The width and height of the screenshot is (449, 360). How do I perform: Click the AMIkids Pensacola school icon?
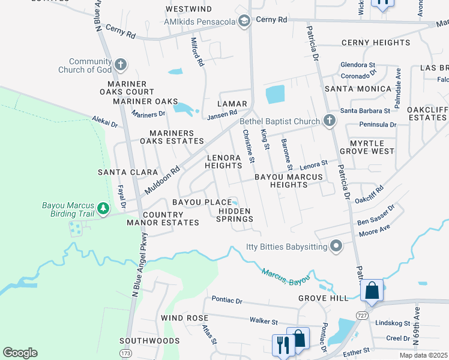[244, 22]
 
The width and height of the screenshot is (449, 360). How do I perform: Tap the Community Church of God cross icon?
[121, 65]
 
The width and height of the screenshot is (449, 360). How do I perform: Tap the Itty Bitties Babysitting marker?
[336, 246]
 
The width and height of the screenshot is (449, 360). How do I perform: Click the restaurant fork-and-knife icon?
[280, 344]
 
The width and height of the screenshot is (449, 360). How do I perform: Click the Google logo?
[20, 352]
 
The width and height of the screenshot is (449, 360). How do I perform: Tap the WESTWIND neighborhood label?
[188, 10]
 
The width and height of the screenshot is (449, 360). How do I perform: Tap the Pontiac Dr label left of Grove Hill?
[226, 299]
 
